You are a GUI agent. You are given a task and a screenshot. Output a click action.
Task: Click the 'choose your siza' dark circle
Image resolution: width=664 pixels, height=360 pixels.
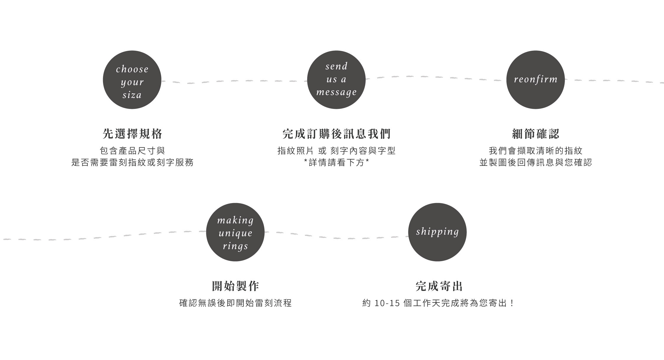coord(132,80)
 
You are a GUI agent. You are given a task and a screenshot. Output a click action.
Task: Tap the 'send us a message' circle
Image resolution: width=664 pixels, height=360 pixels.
coord(336,80)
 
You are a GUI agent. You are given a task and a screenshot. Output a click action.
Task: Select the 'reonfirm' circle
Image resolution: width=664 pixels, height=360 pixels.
coord(535,80)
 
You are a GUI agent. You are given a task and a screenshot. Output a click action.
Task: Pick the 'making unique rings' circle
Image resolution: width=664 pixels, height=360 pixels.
coord(235,232)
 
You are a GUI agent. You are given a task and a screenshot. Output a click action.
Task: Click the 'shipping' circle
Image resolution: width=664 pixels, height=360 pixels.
coord(437,232)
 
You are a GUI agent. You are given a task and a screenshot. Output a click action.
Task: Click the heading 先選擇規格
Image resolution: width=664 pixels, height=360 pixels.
coord(133,134)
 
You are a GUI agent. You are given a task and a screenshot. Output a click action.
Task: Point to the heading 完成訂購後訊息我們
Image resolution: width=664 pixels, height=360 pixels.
coord(336,134)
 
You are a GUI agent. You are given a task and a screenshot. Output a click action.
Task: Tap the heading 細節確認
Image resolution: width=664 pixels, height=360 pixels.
coord(536,134)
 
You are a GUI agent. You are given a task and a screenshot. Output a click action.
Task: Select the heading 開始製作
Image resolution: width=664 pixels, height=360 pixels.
coord(235,286)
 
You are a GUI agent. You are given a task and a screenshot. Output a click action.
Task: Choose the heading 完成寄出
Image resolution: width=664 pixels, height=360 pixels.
coord(439,286)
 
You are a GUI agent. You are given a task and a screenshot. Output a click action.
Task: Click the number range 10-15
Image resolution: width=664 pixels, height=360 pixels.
coord(387,303)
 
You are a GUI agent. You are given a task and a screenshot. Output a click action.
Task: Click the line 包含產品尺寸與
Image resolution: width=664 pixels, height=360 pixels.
coord(133,151)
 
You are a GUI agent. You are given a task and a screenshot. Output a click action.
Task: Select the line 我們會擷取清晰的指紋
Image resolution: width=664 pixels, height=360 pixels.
coord(536,151)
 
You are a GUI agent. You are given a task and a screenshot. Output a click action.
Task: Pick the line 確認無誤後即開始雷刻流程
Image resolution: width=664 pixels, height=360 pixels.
coord(235,303)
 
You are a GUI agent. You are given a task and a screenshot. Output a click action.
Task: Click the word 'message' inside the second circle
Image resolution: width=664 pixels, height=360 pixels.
coord(336,92)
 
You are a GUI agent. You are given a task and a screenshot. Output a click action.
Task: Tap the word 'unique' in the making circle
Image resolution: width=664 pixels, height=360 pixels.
coord(235,233)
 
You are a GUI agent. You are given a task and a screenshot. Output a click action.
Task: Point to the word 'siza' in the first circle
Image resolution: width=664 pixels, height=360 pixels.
coord(132,95)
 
